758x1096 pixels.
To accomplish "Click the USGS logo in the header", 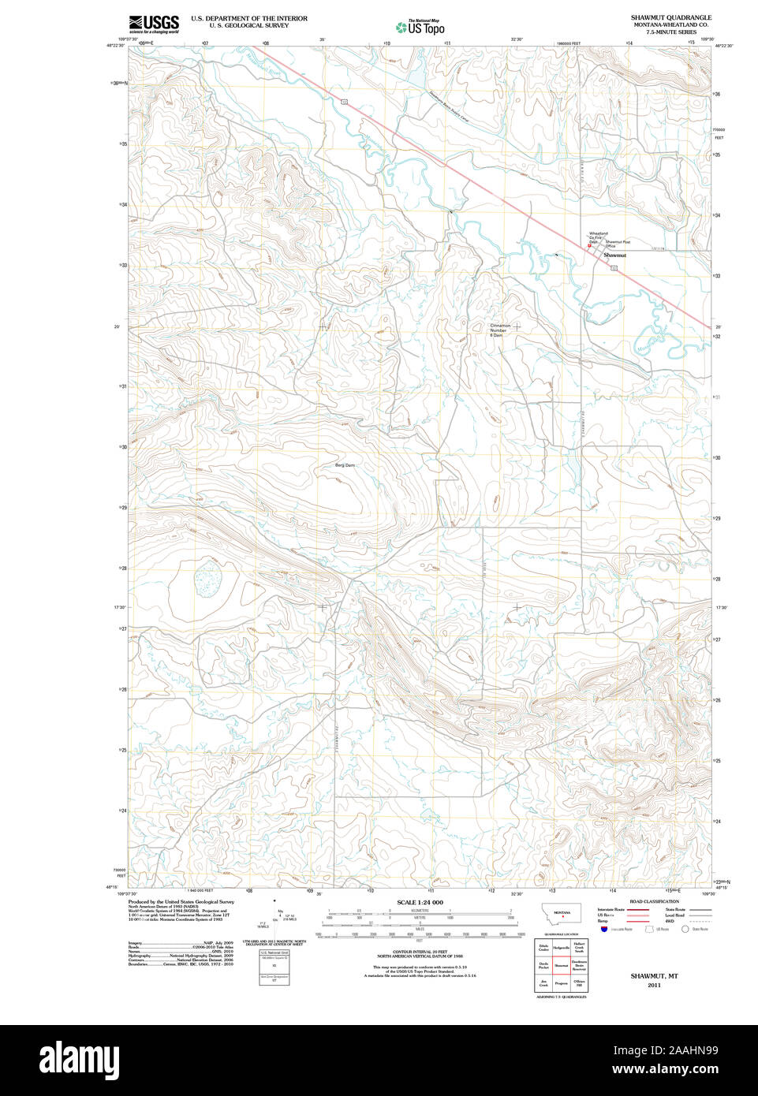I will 154,23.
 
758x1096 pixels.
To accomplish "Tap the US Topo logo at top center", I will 420,27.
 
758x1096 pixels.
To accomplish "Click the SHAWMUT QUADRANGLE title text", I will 670,17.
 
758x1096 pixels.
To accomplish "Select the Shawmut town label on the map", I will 614,255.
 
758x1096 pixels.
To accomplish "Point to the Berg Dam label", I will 345,465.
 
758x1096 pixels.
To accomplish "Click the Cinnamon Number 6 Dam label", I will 499,330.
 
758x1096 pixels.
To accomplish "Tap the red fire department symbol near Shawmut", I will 589,246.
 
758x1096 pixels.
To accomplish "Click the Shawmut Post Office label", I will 618,244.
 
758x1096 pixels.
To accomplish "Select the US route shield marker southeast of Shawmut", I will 613,268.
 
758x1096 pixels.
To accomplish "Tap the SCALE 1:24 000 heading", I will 420,902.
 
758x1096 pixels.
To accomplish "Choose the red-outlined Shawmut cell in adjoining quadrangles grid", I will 561,965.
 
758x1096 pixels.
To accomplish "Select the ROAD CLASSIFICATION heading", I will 654,901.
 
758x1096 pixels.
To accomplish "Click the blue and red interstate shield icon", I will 604,930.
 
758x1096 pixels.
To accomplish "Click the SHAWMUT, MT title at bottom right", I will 653,976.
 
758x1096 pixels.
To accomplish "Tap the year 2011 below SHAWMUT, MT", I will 653,985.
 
